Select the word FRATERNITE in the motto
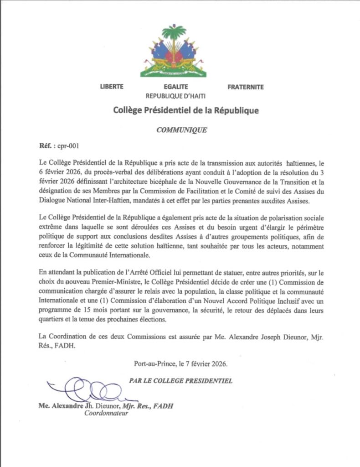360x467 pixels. coord(245,87)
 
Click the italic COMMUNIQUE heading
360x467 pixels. coord(182,130)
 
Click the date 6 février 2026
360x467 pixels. coord(60,171)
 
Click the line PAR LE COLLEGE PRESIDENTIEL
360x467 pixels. coord(180,380)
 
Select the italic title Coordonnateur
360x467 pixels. coord(106,414)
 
